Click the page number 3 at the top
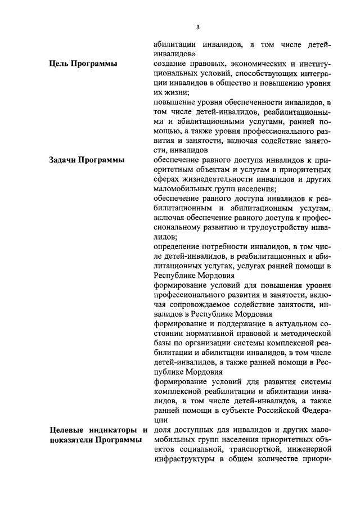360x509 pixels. [197, 27]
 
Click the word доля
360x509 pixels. [163, 430]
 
